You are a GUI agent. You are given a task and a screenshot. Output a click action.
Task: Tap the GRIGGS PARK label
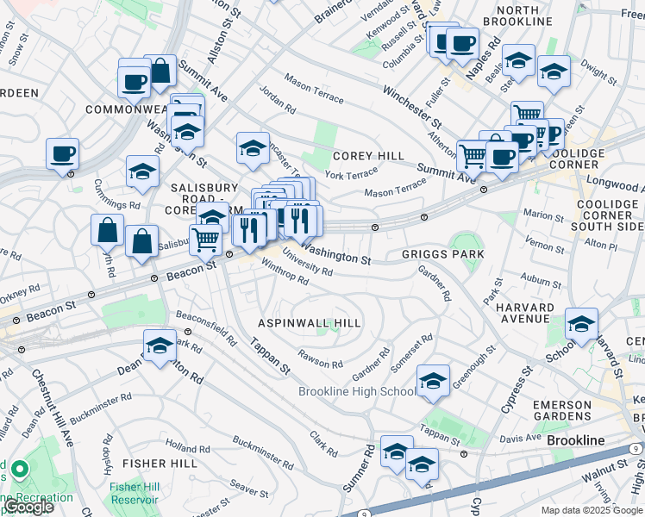click(443, 255)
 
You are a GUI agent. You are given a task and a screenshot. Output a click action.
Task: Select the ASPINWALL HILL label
click(310, 322)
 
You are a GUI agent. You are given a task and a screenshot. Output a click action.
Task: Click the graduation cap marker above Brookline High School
click(433, 380)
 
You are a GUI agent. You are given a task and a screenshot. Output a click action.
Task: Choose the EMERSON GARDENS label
click(561, 410)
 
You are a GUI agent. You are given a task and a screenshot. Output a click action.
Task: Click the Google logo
click(28, 507)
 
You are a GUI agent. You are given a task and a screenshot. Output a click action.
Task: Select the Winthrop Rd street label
click(284, 273)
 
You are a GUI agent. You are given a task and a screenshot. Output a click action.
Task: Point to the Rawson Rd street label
click(321, 358)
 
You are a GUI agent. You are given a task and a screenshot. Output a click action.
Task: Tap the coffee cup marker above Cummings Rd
click(63, 154)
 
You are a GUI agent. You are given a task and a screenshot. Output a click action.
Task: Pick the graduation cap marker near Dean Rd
click(160, 346)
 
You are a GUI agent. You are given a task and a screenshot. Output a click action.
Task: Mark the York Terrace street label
click(351, 175)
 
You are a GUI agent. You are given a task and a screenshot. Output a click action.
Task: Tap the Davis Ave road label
click(519, 439)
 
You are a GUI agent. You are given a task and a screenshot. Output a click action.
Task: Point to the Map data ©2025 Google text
click(591, 510)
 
